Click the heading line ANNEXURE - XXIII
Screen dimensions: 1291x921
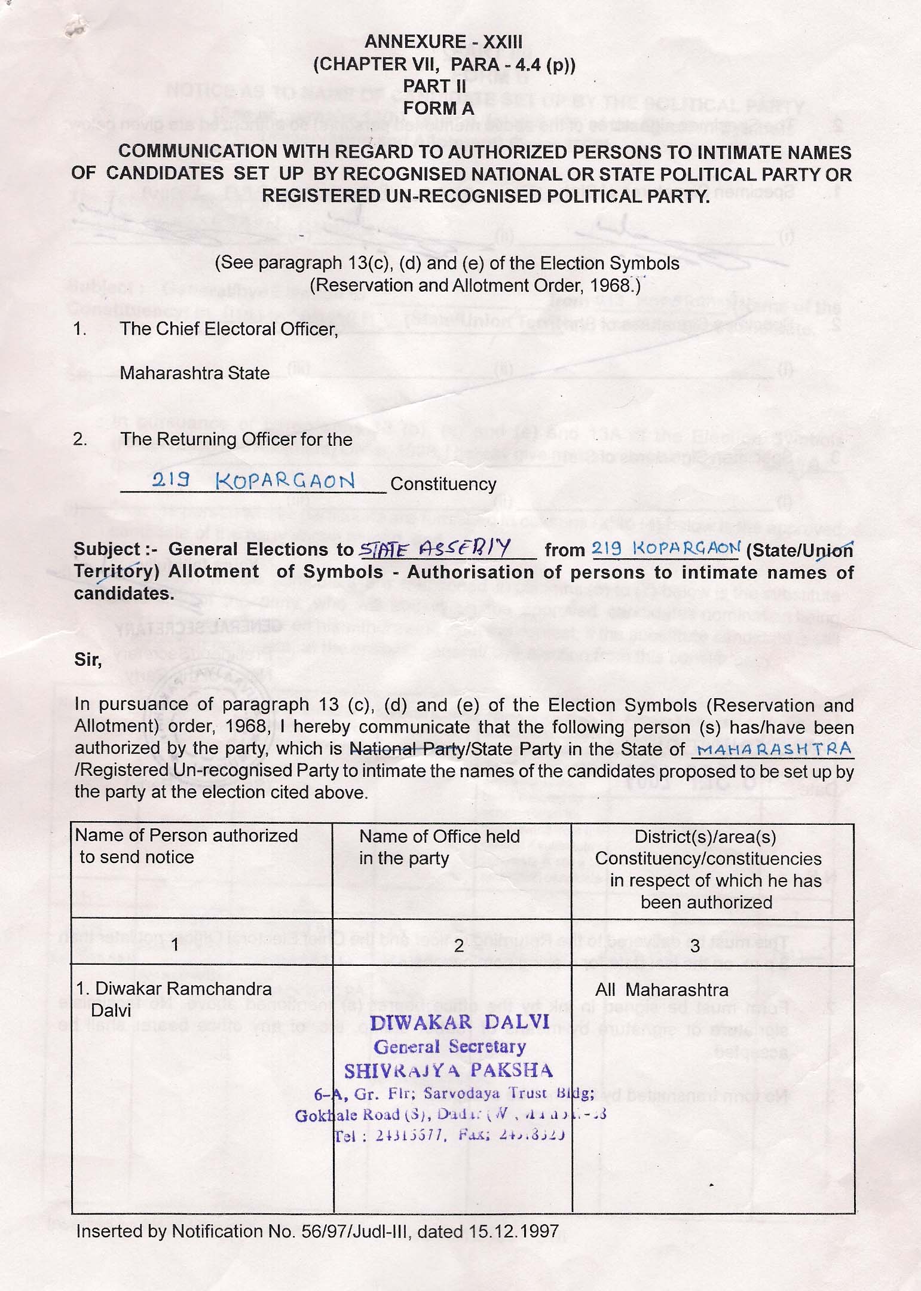(x=443, y=41)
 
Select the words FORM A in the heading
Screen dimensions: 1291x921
(x=438, y=108)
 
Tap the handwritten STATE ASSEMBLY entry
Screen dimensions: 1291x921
(x=434, y=547)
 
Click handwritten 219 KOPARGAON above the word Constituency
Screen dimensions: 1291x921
(x=253, y=481)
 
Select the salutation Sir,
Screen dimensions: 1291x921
(x=88, y=660)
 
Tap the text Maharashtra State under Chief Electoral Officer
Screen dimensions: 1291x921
(x=194, y=373)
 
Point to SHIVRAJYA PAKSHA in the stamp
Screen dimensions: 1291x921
(x=448, y=1070)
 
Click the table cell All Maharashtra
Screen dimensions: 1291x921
(x=662, y=990)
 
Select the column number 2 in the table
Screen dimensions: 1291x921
(x=458, y=946)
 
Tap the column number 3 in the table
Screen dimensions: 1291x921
(x=694, y=946)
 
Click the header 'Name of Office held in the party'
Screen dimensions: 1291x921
(x=439, y=848)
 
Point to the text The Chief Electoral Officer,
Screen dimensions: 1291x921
(x=229, y=329)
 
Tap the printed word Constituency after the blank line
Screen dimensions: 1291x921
(x=443, y=484)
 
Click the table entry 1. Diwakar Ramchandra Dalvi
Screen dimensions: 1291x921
(x=173, y=999)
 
